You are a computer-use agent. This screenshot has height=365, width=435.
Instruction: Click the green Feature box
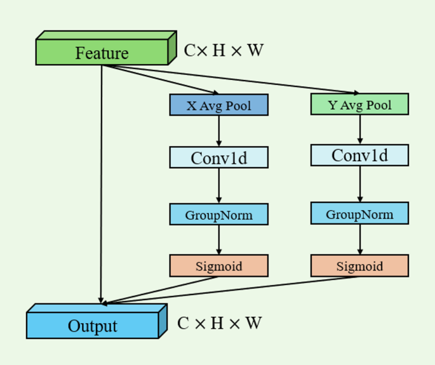click(x=102, y=53)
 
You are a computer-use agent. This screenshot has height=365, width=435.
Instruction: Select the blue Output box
click(x=93, y=326)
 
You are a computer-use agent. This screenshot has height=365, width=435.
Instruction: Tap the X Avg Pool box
click(x=218, y=105)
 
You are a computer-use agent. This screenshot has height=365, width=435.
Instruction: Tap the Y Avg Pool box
click(x=359, y=105)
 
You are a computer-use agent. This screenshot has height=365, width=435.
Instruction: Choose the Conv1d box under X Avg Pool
click(x=218, y=157)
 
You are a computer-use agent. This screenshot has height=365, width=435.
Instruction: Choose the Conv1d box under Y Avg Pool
click(x=359, y=156)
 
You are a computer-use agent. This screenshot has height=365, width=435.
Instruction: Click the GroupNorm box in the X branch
click(x=218, y=215)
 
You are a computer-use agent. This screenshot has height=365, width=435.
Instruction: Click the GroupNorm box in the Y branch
click(x=359, y=214)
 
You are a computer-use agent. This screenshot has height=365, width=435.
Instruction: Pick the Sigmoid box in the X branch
click(x=218, y=266)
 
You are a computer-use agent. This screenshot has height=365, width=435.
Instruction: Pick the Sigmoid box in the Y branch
click(x=359, y=266)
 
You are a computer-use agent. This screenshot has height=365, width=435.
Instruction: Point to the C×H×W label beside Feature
click(x=224, y=51)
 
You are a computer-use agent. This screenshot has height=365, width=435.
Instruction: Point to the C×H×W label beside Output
click(x=220, y=323)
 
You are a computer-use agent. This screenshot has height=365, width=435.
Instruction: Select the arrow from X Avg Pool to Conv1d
click(x=218, y=131)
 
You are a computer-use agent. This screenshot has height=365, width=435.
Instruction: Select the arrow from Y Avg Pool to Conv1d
click(x=360, y=129)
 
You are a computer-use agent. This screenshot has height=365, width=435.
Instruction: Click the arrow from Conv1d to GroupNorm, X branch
click(x=218, y=186)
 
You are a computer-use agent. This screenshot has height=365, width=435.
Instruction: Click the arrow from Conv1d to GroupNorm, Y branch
click(x=360, y=184)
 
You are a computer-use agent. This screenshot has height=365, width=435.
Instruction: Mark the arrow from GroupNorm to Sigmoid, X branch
click(x=218, y=240)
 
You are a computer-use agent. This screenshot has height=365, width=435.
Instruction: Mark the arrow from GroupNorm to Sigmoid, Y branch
click(x=360, y=239)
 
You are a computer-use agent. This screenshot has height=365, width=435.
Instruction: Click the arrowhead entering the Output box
click(x=102, y=301)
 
